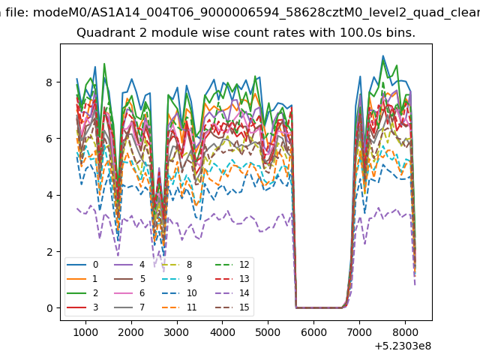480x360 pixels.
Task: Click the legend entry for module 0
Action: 82,265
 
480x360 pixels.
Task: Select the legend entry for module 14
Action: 232,293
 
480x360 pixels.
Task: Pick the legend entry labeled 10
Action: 180,293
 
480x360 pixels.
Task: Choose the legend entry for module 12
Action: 232,265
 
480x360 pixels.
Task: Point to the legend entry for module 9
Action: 177,279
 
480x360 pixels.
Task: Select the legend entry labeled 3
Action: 82,307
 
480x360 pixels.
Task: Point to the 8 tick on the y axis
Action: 49,82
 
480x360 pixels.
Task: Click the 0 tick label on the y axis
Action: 49,308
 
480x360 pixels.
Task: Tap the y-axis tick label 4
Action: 49,195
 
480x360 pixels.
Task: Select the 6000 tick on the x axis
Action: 313,332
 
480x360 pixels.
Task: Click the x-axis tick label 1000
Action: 85,332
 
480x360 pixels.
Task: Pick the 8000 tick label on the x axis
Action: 405,332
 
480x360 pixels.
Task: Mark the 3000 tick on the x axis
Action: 177,332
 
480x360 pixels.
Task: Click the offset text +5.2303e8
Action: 403,346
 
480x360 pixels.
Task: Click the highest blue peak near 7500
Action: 382,55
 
